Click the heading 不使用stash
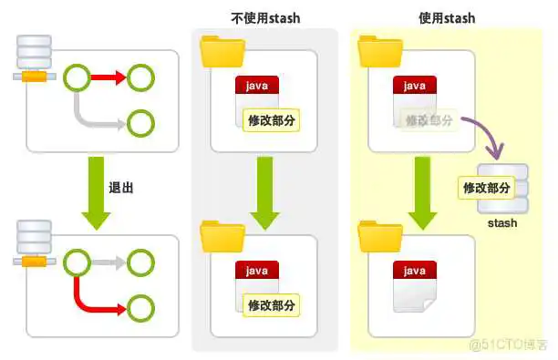[x=264, y=17]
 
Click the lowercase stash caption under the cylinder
[x=501, y=222]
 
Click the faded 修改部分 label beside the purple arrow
[x=428, y=120]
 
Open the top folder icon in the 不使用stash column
[x=221, y=51]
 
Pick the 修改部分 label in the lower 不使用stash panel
[x=271, y=304]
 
